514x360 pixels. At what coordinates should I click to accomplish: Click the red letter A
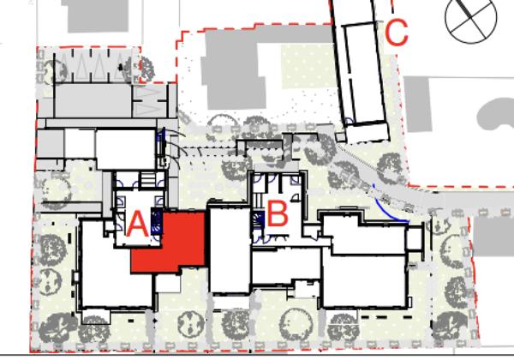point(137,225)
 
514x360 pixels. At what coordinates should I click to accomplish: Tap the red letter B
point(278,213)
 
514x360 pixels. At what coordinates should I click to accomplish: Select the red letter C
point(397,32)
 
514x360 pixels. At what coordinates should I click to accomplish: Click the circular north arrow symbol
point(470,19)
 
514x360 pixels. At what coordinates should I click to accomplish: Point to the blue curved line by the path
point(390,208)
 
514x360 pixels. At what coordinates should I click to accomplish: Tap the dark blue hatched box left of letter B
point(259,219)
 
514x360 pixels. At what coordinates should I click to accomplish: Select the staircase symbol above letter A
point(148,180)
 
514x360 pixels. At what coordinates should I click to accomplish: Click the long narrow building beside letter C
point(364,74)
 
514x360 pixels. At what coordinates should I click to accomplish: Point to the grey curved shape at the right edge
point(496,114)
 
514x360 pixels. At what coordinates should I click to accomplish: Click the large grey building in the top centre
point(236,69)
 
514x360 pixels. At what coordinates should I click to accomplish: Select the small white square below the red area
point(168,283)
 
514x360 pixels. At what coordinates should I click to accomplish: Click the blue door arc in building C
point(349,122)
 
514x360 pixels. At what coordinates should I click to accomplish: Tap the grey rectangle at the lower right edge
point(493,236)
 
